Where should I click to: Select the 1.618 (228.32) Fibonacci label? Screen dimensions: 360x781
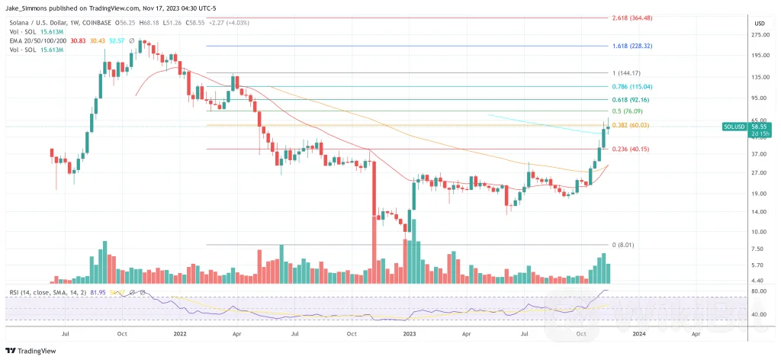point(632,46)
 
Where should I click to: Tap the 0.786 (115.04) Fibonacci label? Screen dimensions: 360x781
point(632,87)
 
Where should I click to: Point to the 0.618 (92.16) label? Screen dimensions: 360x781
point(630,99)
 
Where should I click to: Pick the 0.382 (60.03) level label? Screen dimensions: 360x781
point(630,125)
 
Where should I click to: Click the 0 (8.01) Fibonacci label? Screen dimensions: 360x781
point(621,245)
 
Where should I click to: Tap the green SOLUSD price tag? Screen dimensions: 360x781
point(735,128)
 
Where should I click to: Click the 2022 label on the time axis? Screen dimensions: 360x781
point(180,334)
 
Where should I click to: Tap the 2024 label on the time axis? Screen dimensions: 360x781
point(638,334)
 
